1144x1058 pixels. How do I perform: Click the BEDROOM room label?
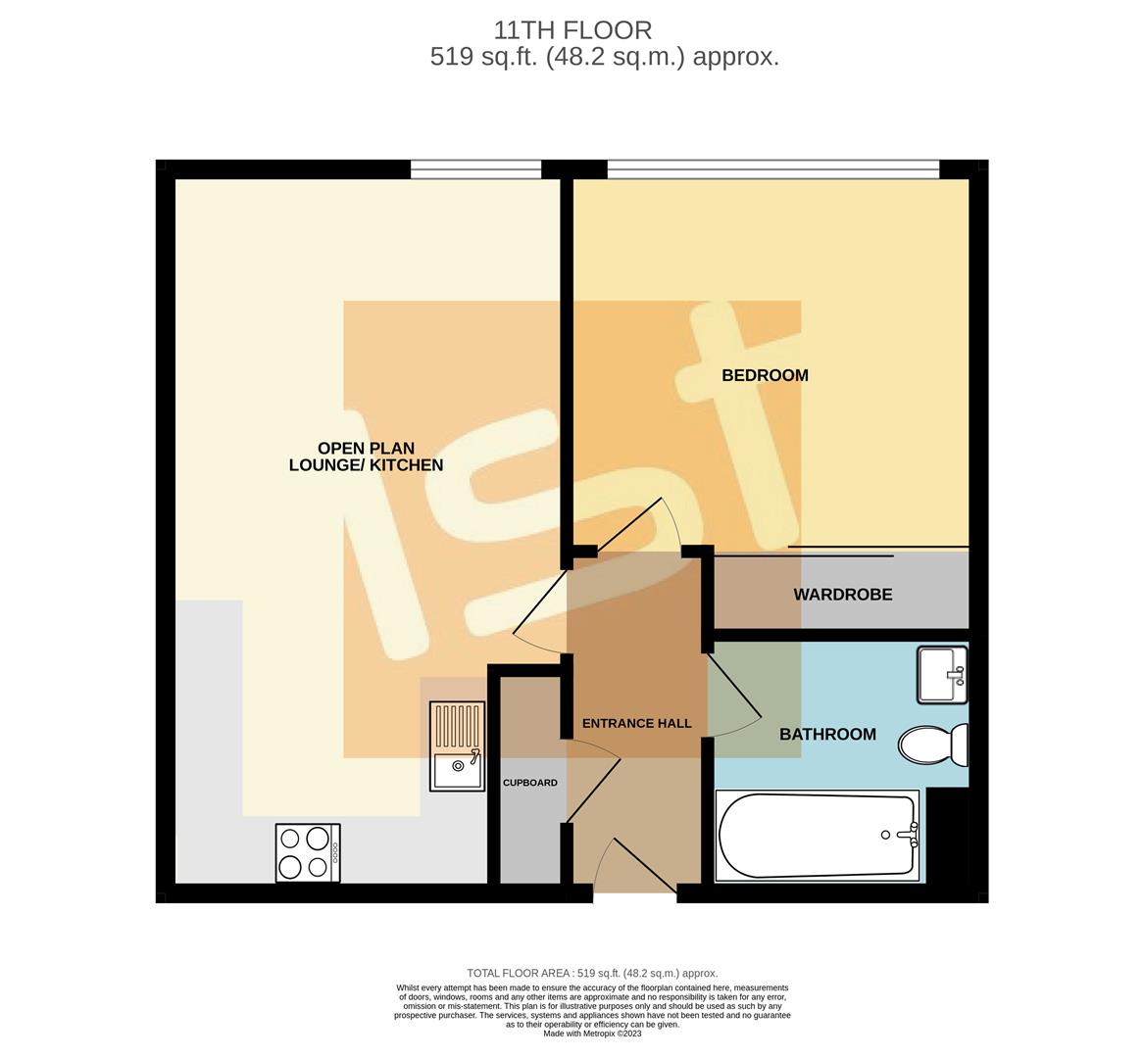coord(765,375)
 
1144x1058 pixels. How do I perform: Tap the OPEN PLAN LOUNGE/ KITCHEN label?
coord(366,457)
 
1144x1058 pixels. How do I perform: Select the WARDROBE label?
coord(842,595)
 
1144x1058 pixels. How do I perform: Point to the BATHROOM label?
coord(827,735)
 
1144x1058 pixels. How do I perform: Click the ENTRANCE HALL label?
coord(636,724)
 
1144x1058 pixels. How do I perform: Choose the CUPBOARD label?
coord(529,783)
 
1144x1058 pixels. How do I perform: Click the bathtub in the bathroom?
coord(818,836)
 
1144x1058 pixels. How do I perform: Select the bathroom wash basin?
coord(942,674)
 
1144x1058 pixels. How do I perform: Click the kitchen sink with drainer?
coord(457,746)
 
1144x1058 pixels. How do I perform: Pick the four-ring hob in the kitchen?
coord(308,852)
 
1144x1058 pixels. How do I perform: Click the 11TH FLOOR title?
coord(572,30)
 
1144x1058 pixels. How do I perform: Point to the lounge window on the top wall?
coord(475,170)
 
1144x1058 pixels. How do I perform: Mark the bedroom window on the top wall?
coord(772,170)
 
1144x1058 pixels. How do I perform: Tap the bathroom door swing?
coord(733,697)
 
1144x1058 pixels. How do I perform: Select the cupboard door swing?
coord(591,779)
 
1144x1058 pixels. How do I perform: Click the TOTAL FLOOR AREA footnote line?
coord(592,973)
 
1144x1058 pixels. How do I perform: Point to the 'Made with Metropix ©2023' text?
coord(592,1034)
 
